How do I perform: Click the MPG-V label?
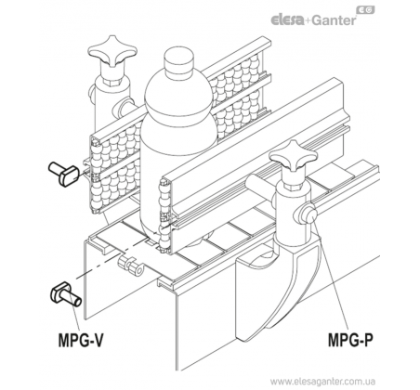tap(81, 340)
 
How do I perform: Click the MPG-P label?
tap(350, 340)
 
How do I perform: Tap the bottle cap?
tap(178, 62)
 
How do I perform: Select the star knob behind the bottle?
tap(112, 50)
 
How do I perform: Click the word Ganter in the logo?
tap(334, 20)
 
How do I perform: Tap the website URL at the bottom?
tap(323, 381)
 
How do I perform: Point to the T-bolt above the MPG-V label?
tap(66, 293)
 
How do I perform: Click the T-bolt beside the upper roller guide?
tap(64, 174)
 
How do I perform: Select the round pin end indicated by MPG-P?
tap(308, 214)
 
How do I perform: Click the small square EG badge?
tap(365, 10)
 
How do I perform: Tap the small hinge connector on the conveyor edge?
tap(131, 266)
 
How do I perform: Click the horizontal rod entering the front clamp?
tap(263, 186)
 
